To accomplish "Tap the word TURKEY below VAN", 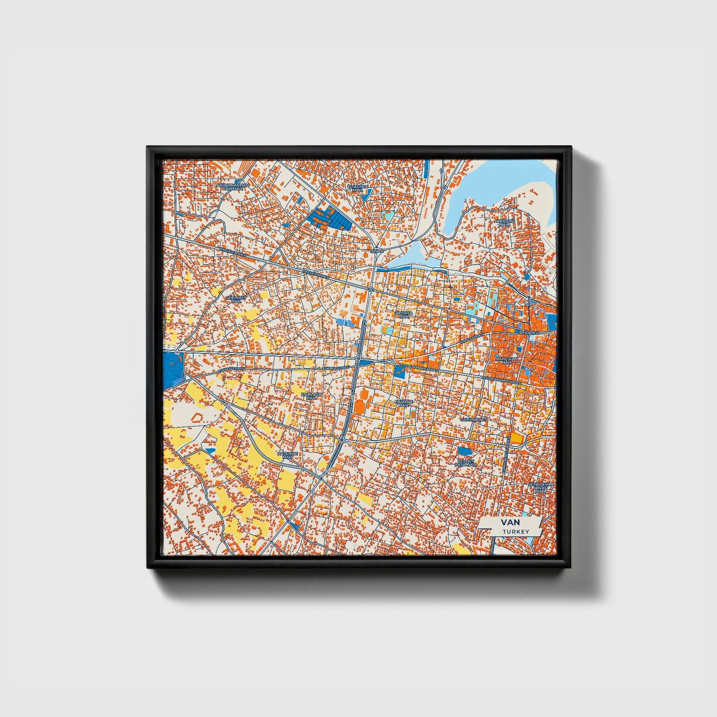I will pos(516,531).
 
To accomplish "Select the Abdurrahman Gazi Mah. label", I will pos(232,187).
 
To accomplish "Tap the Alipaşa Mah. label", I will pos(403,315).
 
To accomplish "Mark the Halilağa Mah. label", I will pos(311,396).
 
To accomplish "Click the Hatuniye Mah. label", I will pos(287,455).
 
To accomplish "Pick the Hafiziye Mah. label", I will pos(401,402).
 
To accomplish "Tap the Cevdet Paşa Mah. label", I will pos(465,462).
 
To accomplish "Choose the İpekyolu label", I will pos(528,332).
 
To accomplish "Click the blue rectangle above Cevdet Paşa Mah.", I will pos(465,451).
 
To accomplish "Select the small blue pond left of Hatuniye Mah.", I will pos(210,450).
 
